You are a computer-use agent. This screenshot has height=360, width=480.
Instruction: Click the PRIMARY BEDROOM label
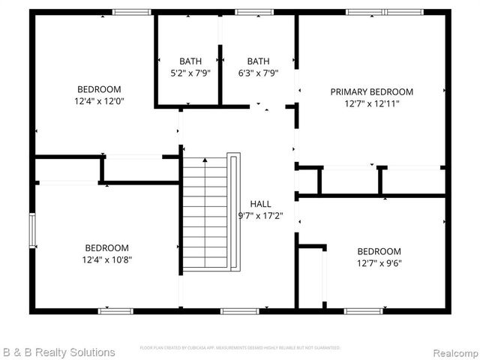[371, 91]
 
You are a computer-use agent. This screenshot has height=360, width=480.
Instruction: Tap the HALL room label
[260, 203]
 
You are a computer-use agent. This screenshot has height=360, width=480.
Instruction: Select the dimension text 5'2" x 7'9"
[190, 73]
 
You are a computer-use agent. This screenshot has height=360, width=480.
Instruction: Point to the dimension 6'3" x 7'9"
[258, 73]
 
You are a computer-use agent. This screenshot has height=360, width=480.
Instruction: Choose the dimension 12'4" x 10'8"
[106, 259]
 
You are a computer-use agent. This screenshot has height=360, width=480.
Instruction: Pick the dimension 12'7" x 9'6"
[379, 263]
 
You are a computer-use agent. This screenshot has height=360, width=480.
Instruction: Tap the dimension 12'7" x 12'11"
[371, 103]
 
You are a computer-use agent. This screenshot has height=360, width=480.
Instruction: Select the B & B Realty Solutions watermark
[58, 352]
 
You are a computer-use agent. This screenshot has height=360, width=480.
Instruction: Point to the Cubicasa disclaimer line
[240, 348]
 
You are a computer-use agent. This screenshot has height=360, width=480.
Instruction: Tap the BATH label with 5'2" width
[190, 61]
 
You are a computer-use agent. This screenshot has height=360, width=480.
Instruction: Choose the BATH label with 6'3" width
[258, 61]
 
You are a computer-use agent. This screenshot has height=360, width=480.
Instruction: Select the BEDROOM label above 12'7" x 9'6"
[379, 251]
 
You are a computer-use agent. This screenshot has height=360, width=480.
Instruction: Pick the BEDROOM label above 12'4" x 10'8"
[106, 247]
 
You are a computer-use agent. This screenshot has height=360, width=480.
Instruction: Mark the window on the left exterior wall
[32, 230]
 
